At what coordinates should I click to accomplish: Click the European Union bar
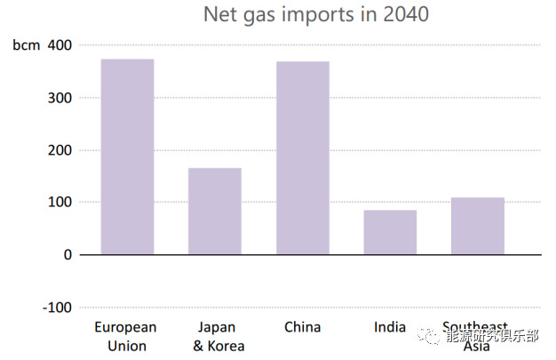coord(127,156)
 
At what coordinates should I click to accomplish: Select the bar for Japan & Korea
coord(214,211)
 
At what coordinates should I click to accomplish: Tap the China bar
coord(302,157)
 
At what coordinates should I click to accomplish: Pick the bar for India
coord(390,232)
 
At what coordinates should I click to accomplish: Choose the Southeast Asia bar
coord(477,226)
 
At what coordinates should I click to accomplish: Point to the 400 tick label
coord(60,44)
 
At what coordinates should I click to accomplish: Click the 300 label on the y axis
coord(60,97)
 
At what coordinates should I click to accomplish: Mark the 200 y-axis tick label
coord(60,149)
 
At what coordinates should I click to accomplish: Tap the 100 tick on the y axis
coord(60,202)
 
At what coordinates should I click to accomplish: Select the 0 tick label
coord(68,254)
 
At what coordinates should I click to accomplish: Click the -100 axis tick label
coord(57,307)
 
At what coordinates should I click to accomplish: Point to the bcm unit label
coord(27,45)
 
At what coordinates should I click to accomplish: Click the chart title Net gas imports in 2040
coord(315,14)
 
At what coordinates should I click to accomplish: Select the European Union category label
coord(126,336)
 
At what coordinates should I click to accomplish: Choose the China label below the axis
coord(302,327)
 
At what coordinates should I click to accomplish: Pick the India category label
coord(390,327)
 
